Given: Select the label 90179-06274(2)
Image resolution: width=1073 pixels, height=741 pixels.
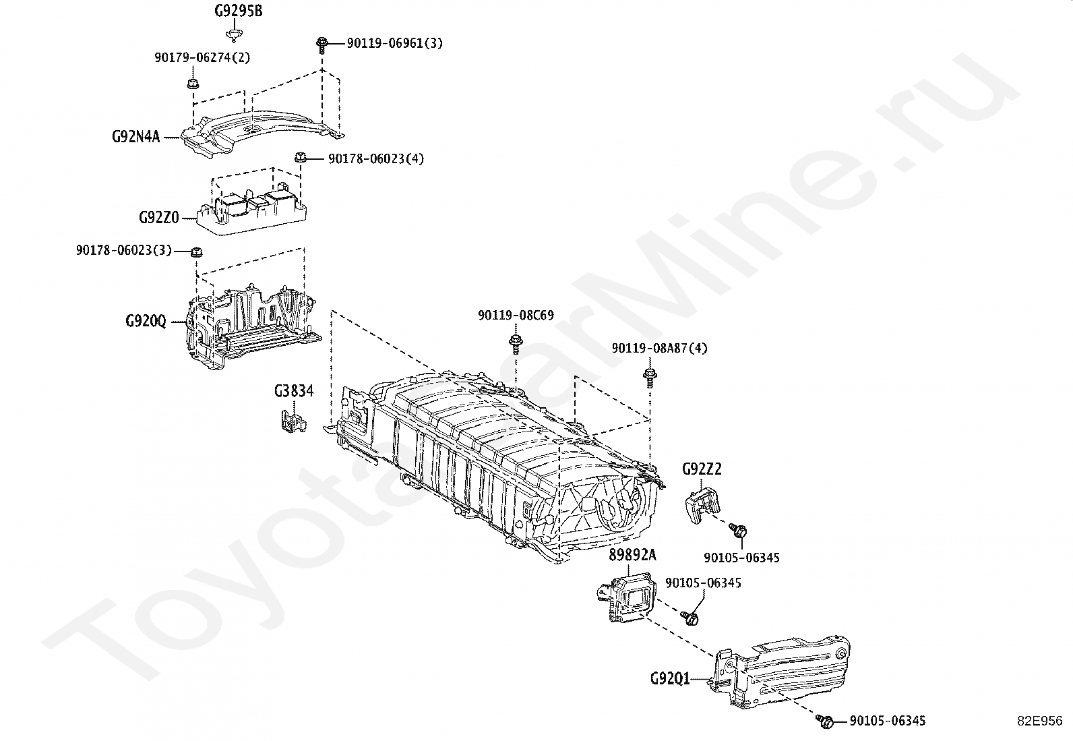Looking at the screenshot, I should click(x=202, y=58).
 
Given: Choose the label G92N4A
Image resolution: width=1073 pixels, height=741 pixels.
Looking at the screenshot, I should click(x=135, y=138).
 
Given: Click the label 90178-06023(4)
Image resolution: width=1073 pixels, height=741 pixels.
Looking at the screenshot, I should click(x=376, y=159).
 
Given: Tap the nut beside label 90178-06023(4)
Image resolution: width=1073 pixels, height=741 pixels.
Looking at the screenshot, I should click(x=301, y=158).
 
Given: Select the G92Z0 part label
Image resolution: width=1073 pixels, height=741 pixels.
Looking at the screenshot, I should click(x=158, y=217).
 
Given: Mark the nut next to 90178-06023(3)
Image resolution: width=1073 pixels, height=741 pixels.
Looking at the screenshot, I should click(x=197, y=253).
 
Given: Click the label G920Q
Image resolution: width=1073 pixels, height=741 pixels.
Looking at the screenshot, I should click(x=146, y=321).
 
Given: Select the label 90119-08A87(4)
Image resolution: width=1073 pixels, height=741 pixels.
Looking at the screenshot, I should click(x=659, y=349).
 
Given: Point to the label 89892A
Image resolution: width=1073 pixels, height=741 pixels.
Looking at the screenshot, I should click(x=632, y=554).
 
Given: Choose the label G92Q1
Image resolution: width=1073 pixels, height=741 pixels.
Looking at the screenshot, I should click(x=670, y=678).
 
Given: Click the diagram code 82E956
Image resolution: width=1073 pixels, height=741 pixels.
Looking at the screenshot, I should click(x=1040, y=721).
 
